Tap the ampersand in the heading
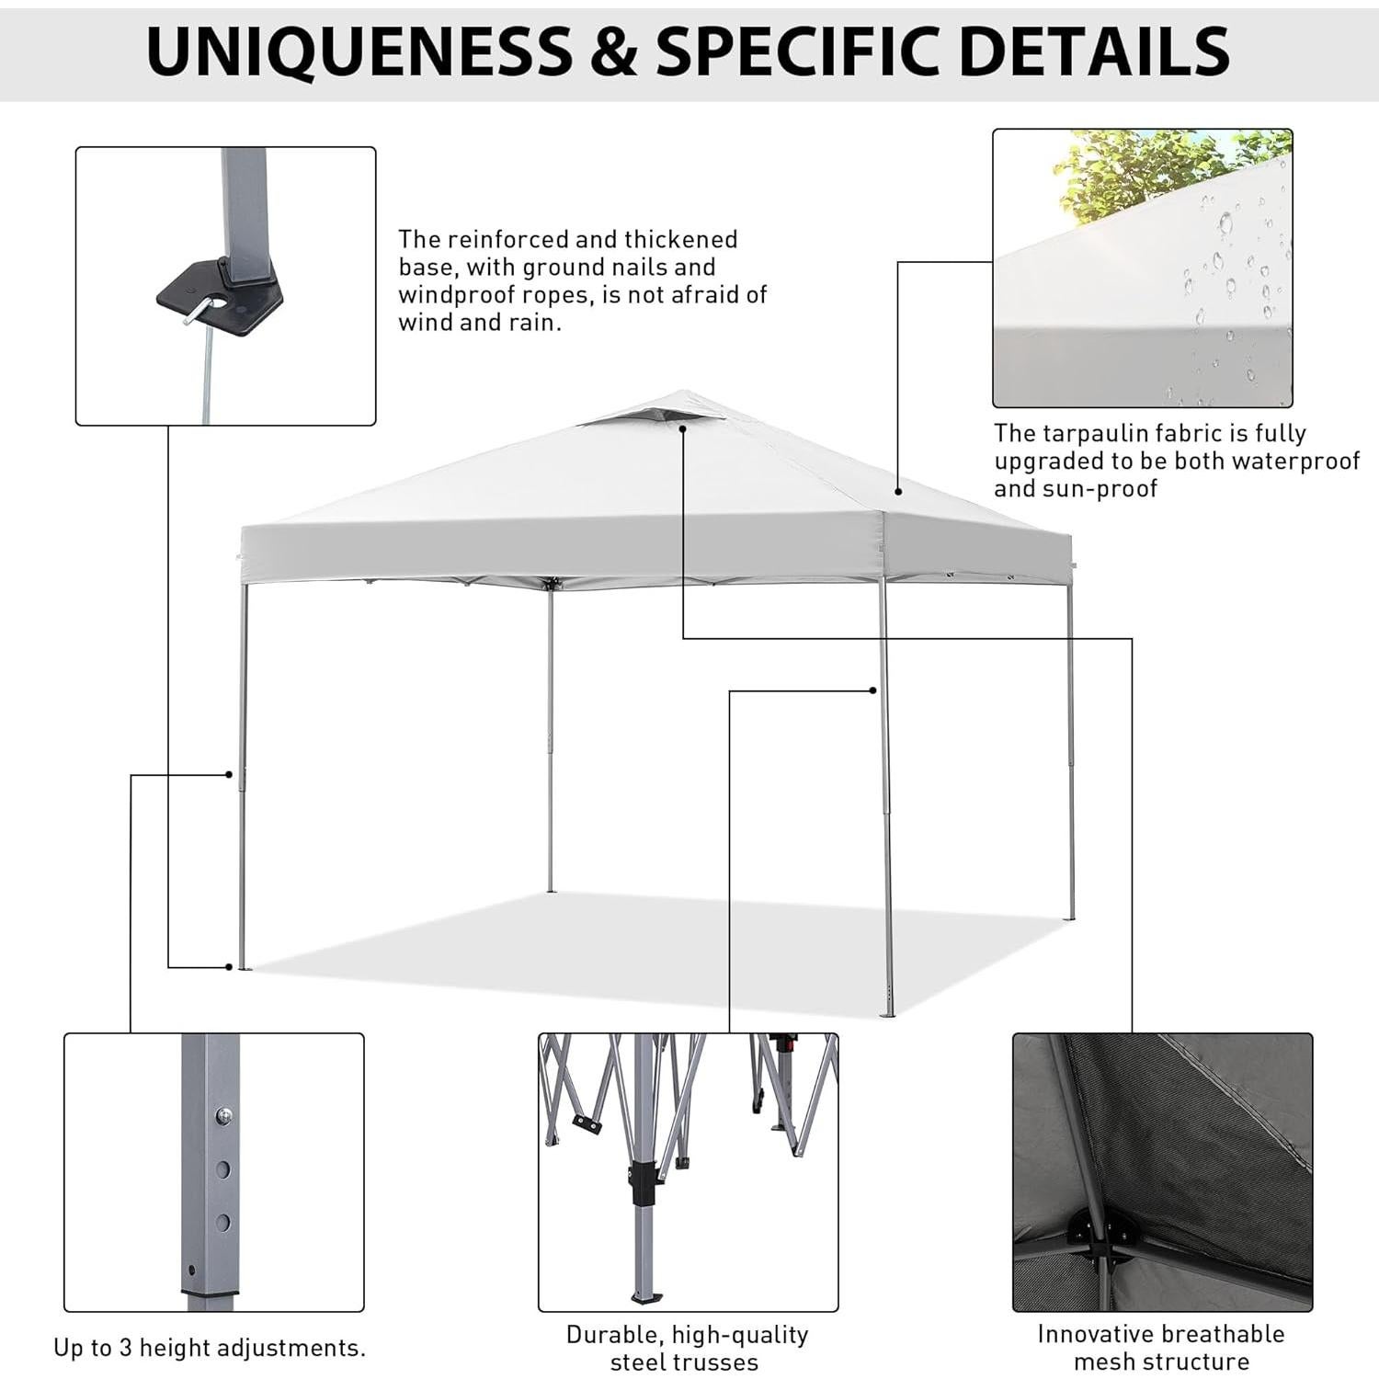coord(613,51)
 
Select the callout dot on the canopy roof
coord(898,492)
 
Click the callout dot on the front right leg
coord(872,690)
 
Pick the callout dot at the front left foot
coord(229,966)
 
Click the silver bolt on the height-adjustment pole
coord(223,1116)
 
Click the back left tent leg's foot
coord(551,889)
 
